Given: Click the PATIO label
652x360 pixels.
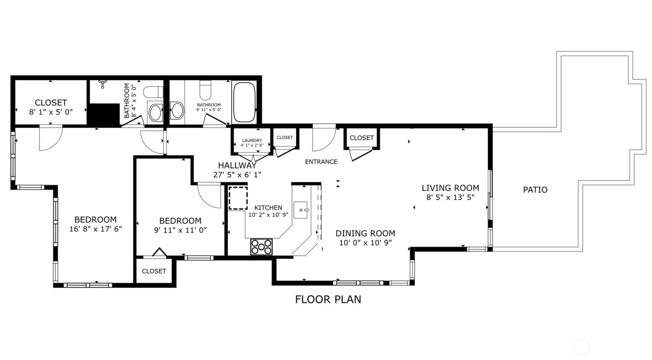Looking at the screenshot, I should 535,190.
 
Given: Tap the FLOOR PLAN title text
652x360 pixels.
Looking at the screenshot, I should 328,299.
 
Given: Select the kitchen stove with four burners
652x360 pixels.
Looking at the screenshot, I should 262,246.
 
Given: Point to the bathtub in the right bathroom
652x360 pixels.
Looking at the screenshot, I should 244,102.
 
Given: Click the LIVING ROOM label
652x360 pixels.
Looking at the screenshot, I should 450,188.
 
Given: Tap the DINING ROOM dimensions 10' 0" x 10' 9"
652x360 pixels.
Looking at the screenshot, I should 365,243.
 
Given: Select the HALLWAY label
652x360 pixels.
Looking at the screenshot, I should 237,165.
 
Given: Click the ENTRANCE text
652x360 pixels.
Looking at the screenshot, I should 321,162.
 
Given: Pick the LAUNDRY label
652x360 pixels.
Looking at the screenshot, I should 251,140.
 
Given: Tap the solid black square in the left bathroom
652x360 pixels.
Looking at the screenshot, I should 104,115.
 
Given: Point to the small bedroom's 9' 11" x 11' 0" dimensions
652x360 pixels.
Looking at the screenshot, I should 180,230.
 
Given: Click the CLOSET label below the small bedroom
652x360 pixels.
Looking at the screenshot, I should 154,271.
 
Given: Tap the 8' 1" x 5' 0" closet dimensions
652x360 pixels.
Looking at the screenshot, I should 51,111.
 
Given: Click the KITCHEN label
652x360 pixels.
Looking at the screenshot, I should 268,208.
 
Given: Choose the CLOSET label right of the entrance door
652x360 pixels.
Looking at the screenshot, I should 361,138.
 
